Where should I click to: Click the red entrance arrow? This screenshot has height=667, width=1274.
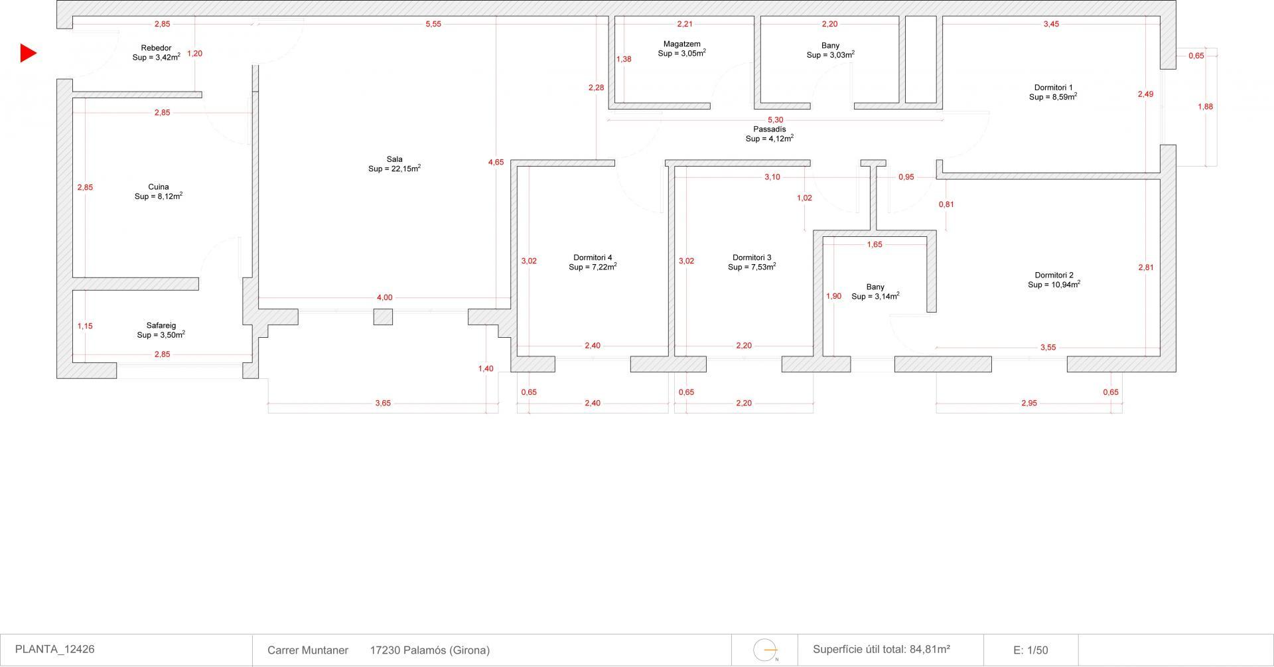28,53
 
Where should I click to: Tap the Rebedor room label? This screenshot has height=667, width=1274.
156,48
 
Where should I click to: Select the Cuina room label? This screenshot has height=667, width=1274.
158,187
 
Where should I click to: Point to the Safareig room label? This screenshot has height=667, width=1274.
161,326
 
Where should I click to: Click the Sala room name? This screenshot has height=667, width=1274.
394,159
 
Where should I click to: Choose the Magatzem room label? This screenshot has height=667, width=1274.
681,44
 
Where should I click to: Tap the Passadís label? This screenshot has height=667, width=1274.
769,129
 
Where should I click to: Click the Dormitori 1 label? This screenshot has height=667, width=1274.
1053,88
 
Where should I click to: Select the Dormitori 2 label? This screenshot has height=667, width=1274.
1054,275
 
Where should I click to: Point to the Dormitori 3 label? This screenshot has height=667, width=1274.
752,258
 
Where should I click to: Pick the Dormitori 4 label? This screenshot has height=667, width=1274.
593,258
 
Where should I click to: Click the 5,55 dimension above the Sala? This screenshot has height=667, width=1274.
433,24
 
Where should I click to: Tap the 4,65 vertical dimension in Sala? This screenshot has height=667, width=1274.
496,162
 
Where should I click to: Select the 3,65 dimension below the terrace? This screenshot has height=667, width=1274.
383,403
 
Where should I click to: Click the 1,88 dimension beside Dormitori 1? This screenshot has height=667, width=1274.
1205,106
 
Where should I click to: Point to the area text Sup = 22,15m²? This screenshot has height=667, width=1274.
394,169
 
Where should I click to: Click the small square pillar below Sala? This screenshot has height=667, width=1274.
383,317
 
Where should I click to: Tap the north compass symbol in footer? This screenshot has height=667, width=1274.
766,650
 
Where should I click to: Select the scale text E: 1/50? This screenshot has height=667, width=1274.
1030,650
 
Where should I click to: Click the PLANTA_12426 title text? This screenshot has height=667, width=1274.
54,649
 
